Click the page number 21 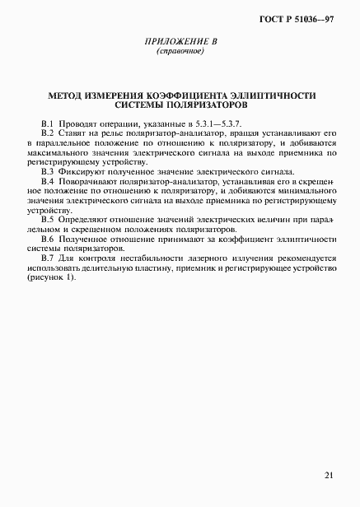(328, 475)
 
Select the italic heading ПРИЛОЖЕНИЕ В (180, 41)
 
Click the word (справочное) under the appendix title (180, 51)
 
